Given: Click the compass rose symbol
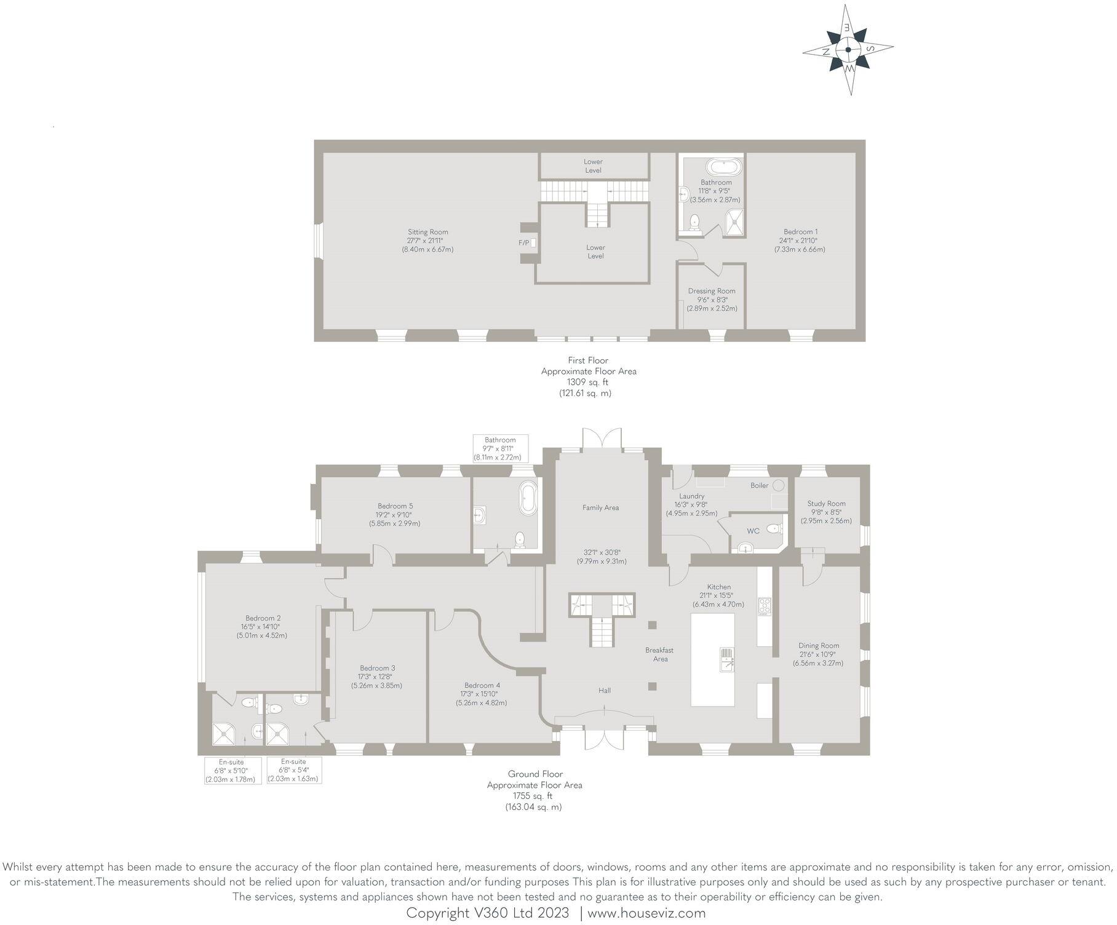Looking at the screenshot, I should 848,50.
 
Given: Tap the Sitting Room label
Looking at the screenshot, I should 427,232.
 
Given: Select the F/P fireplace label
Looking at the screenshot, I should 524,243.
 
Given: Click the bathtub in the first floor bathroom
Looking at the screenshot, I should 723,167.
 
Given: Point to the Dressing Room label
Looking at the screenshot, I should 712,291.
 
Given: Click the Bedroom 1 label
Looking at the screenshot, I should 800,232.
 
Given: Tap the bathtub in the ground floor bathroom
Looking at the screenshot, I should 528,498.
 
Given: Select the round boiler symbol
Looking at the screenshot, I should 779,485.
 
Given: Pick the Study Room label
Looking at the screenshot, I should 826,503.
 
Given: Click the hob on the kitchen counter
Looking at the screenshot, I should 764,606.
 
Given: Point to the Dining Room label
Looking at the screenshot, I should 819,646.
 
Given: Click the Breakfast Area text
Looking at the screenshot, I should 659,654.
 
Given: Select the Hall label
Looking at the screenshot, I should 605,690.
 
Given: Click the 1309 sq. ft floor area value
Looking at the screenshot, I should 587,382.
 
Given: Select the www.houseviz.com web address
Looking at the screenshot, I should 646,913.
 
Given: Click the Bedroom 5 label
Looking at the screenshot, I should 395,506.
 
